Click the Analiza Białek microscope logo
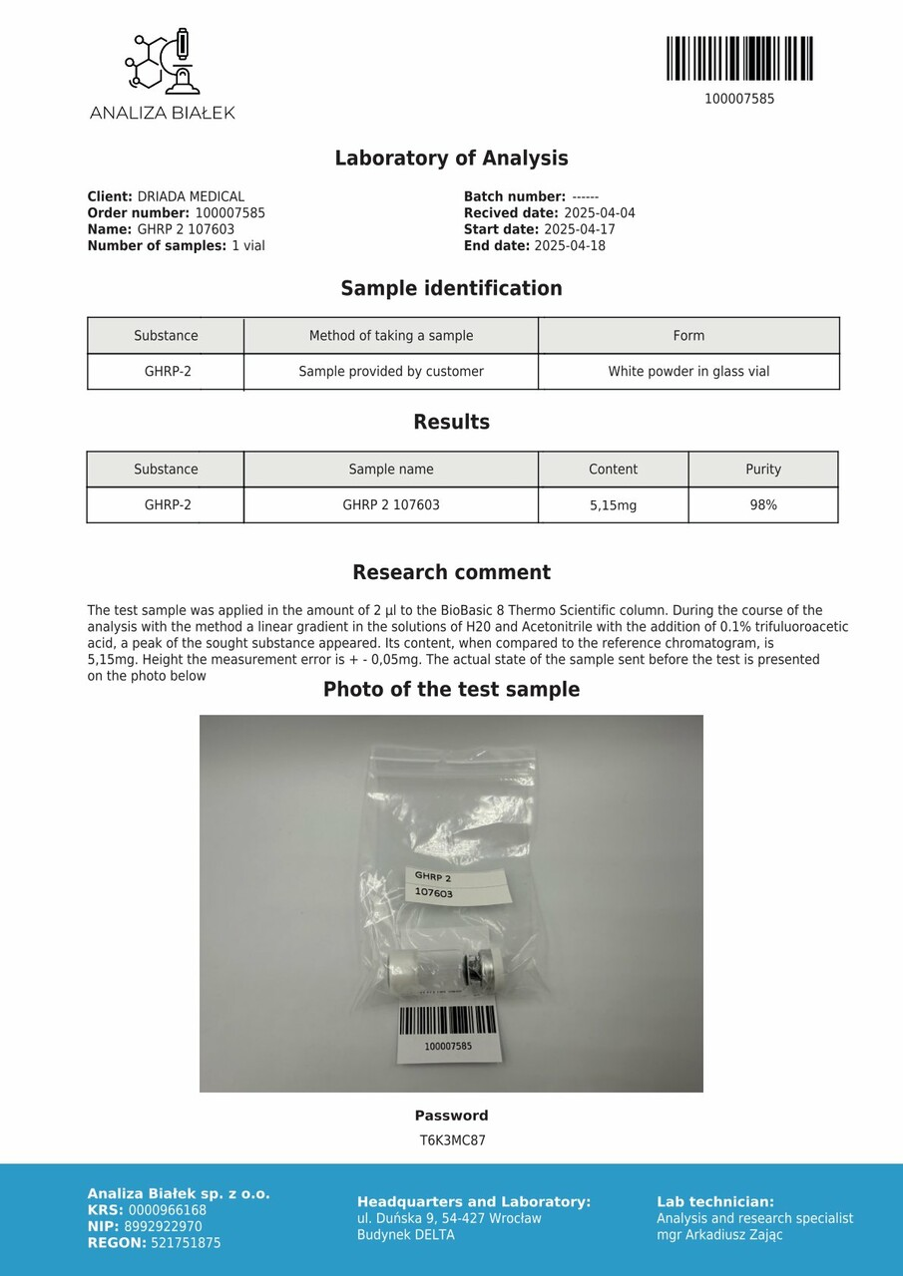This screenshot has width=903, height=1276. pos(162,63)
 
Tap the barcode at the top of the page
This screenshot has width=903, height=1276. pos(739,59)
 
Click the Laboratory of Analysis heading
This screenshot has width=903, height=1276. pos(451,159)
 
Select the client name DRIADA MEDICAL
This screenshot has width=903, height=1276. pos(191,197)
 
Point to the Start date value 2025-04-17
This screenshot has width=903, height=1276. pos(580,229)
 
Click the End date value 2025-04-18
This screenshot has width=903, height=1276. pos(570,246)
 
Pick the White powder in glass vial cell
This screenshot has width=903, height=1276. pos(688,372)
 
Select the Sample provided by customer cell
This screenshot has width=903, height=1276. pos(391,372)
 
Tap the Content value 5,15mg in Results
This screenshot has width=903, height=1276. pos(613,505)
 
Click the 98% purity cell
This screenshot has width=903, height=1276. pos(763,505)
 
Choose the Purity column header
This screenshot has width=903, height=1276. pos(763,470)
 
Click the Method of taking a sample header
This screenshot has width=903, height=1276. pos(391,336)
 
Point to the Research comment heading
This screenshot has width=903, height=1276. pos(451,573)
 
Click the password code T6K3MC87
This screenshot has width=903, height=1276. pos(452,1140)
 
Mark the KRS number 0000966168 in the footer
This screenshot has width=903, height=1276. pos(168,1210)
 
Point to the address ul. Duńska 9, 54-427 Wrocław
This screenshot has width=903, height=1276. pos(449,1218)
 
